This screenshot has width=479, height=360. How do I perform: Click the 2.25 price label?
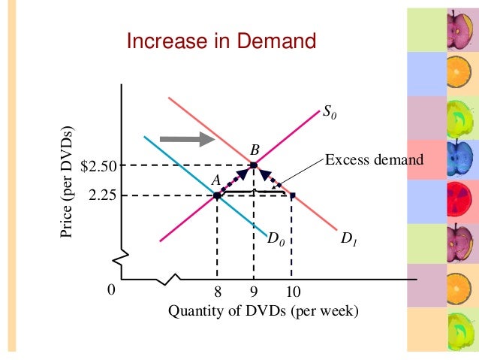102,195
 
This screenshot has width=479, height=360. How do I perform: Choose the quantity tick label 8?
217,292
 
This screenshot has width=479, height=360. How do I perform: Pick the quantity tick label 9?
254,292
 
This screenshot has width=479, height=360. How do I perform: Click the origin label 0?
111,292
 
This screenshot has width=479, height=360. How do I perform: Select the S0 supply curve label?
330,113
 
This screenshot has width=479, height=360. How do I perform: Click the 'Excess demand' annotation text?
374,159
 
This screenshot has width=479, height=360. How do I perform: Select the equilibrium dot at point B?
254,165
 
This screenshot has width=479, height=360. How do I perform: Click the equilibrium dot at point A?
217,195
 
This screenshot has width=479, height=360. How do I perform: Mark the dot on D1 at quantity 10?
292,195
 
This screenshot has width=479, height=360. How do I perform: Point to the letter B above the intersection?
255,149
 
